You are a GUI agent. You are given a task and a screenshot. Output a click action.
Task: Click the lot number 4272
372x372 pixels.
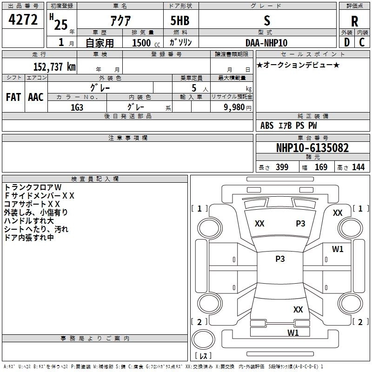(23, 20)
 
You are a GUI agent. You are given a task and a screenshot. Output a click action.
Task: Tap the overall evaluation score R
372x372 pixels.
(355, 21)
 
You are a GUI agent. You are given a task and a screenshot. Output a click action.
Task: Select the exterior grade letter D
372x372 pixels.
(346, 42)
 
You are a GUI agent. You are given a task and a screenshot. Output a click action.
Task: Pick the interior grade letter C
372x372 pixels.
(362, 42)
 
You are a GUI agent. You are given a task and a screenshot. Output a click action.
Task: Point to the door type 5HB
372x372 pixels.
(179, 20)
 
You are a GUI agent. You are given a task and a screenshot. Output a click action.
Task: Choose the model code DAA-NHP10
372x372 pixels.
(266, 43)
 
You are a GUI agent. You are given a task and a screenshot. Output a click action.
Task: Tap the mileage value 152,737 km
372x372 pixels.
(54, 66)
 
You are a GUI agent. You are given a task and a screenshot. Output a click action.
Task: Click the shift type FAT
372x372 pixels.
(13, 97)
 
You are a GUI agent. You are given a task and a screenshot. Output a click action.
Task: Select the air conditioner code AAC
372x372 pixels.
(36, 97)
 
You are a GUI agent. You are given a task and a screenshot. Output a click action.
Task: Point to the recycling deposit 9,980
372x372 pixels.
(231, 107)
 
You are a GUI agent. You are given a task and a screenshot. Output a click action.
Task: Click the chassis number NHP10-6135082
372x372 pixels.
(312, 148)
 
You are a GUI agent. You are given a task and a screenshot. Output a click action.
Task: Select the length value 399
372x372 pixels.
(282, 167)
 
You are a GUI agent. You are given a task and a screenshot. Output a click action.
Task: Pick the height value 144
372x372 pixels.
(358, 167)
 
